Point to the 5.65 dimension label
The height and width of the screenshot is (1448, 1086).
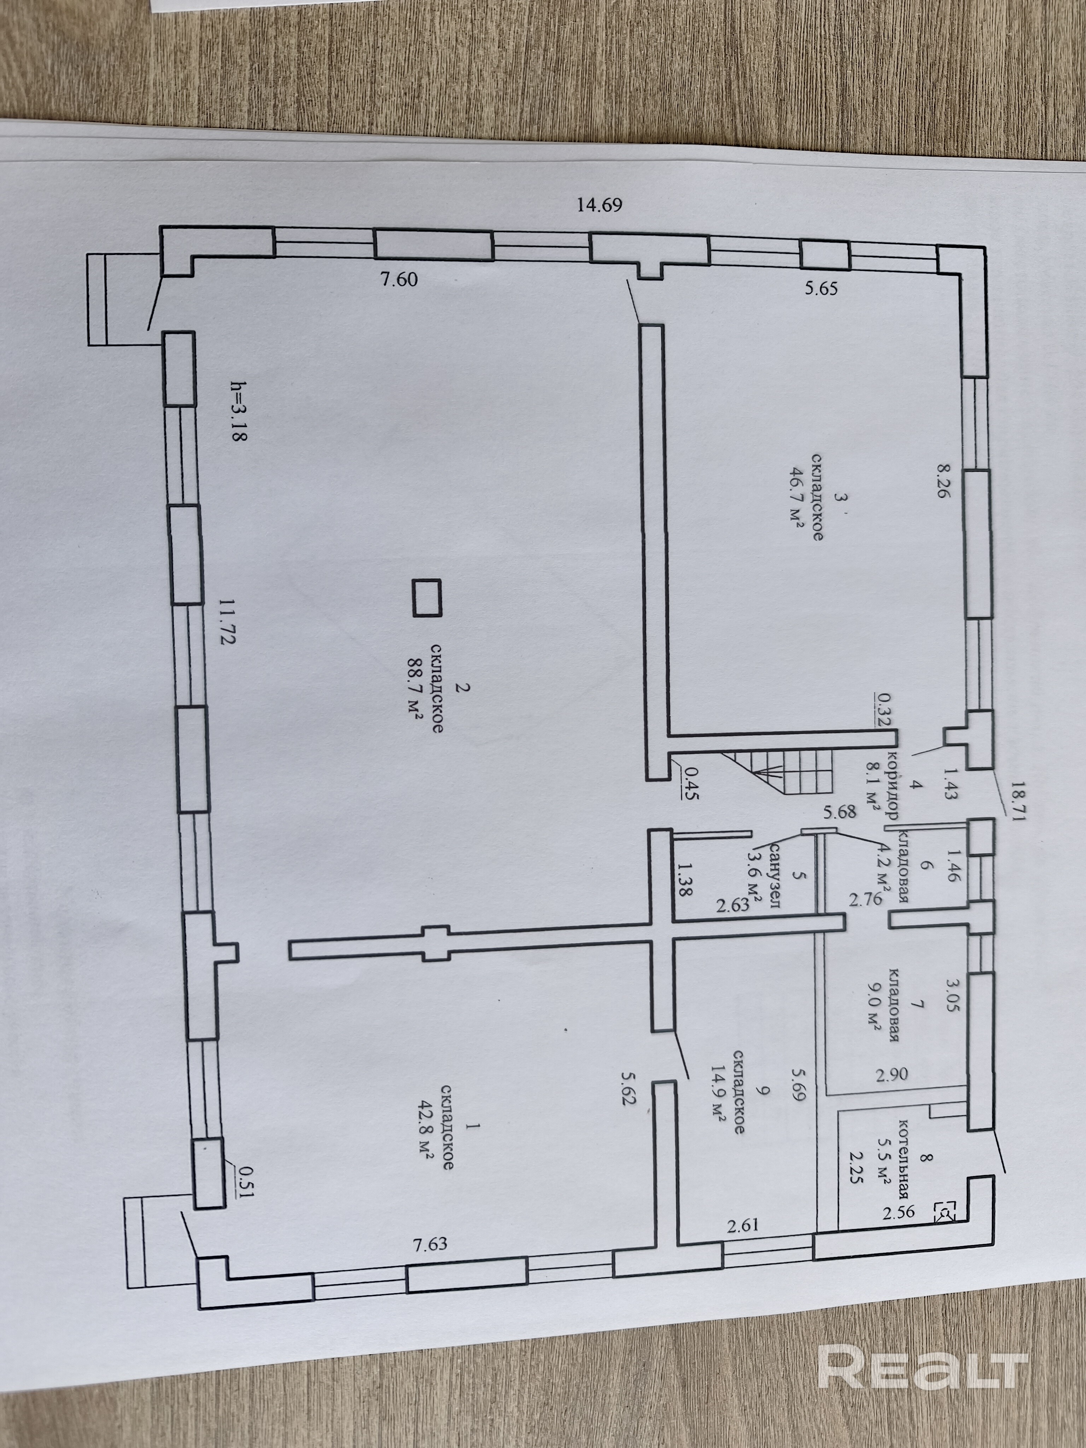click(821, 288)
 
